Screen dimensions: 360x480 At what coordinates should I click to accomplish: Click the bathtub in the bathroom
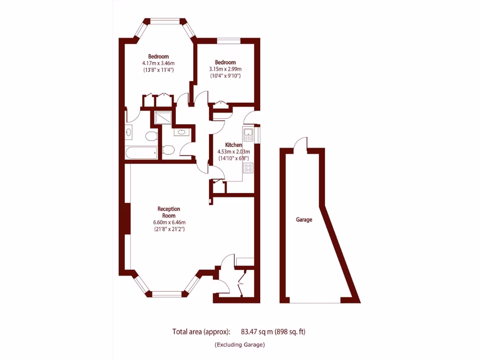coord(141,153)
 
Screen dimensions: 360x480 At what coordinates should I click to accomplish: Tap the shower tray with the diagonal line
coord(163,118)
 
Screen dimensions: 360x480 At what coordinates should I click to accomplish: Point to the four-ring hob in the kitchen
coord(248,168)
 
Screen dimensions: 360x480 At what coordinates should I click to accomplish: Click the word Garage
coord(304,219)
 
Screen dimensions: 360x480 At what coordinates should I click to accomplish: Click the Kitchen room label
coord(233,145)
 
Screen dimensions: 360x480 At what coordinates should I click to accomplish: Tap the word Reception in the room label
coord(169,209)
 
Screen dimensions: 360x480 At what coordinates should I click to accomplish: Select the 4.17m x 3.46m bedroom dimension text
coord(158,63)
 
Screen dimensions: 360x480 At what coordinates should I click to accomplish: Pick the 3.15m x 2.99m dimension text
coord(225,69)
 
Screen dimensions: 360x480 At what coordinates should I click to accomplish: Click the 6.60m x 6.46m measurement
coord(169,223)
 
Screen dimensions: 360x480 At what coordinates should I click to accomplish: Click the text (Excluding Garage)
coord(240,345)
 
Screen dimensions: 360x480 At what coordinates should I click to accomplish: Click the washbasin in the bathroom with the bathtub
coord(129,132)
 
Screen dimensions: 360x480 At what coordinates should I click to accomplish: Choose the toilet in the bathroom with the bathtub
coord(150,136)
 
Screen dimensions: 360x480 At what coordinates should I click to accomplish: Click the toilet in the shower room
coord(168,150)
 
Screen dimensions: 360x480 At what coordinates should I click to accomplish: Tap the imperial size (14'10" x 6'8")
coord(233,158)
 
